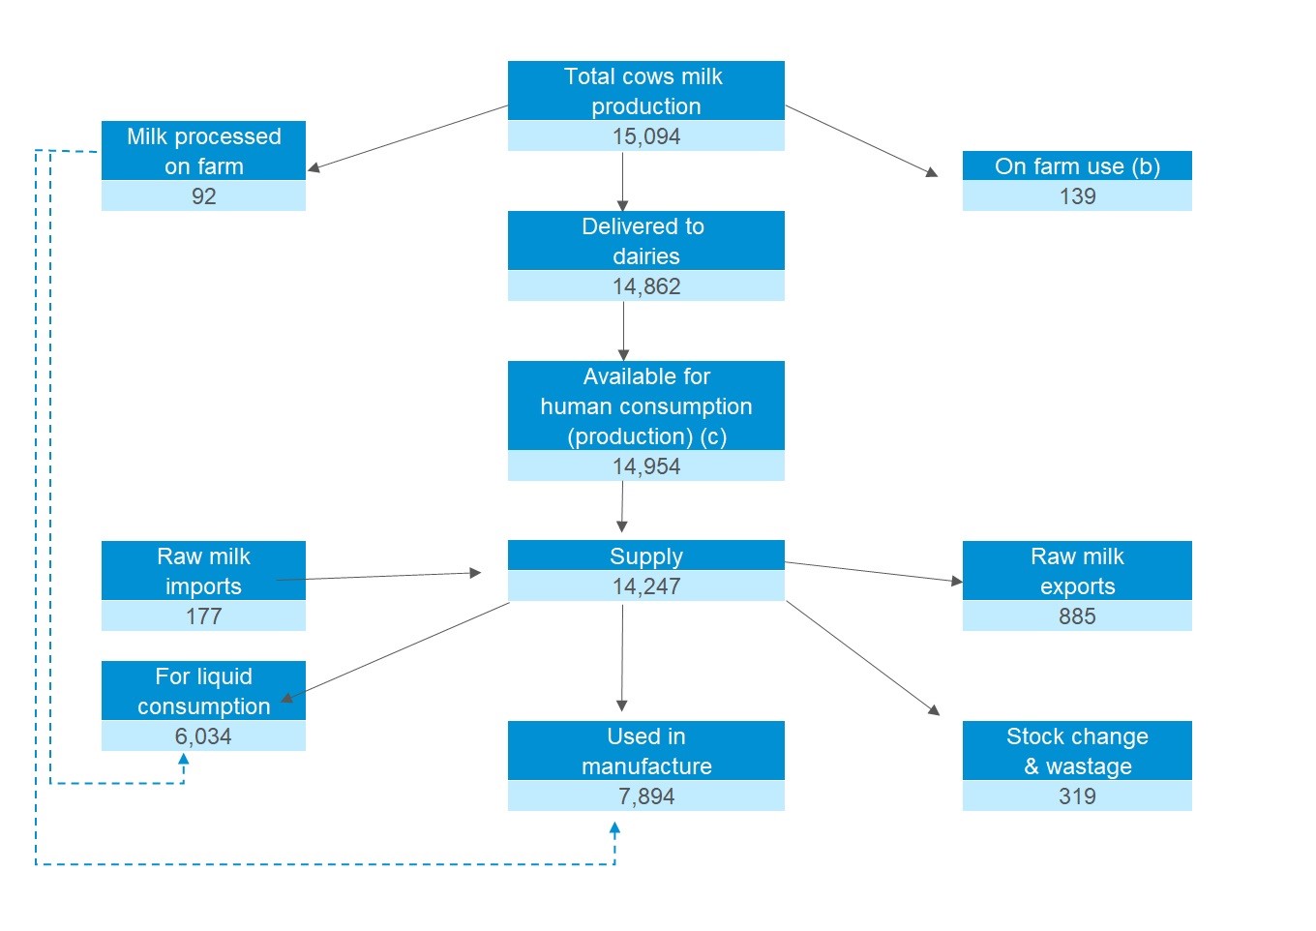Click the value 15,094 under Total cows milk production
tap(646, 136)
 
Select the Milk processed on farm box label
tap(203, 151)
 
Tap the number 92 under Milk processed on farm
tap(203, 196)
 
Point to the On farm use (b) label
tap(1077, 166)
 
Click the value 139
tap(1077, 196)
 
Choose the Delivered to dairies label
tap(645, 241)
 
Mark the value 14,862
tap(646, 286)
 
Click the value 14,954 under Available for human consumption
tap(646, 466)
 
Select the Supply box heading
tap(645, 556)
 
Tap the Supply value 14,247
tap(646, 586)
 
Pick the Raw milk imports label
tap(203, 571)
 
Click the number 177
tap(203, 616)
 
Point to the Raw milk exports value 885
tap(1077, 616)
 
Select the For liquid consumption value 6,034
tap(203, 736)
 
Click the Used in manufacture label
tap(645, 751)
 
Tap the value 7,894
tap(646, 796)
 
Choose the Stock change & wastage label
tap(1077, 751)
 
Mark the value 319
tap(1077, 796)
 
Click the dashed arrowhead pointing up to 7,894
tap(614, 829)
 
